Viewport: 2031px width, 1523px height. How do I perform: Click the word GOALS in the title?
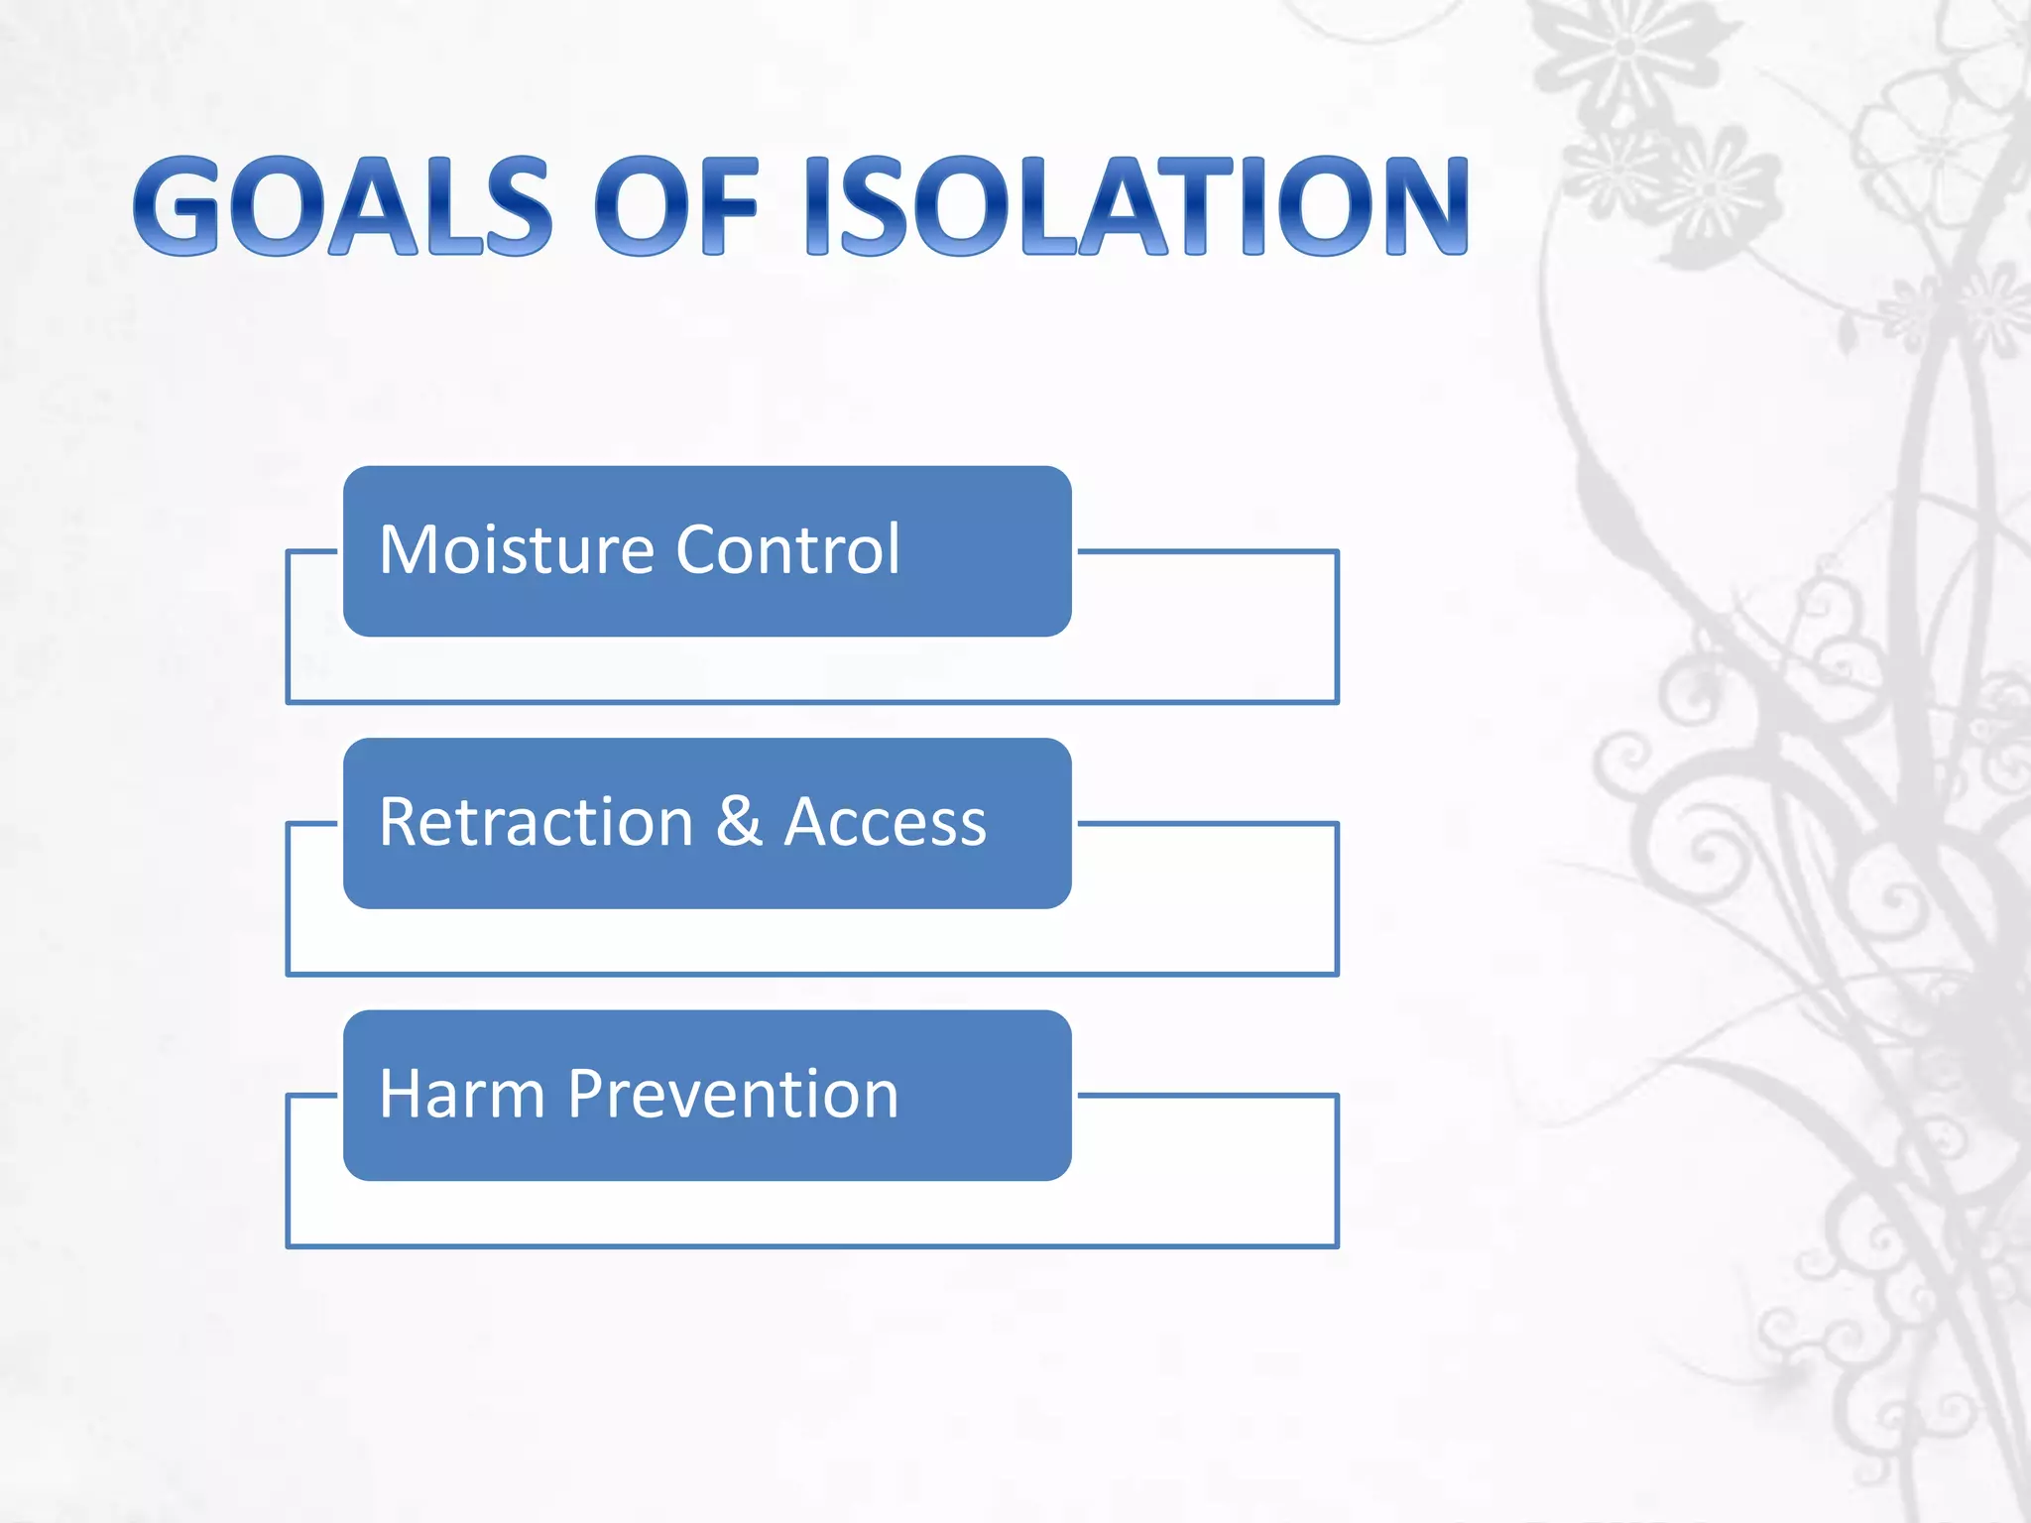coord(342,206)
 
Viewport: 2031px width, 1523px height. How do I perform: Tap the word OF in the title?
coord(676,206)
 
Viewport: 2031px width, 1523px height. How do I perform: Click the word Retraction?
coord(536,822)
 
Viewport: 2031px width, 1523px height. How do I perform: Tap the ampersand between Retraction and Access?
coord(739,822)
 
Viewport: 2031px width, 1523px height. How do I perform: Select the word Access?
coord(885,822)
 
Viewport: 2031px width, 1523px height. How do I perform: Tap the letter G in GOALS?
coord(177,206)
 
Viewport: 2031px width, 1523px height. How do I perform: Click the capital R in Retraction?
coord(401,822)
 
